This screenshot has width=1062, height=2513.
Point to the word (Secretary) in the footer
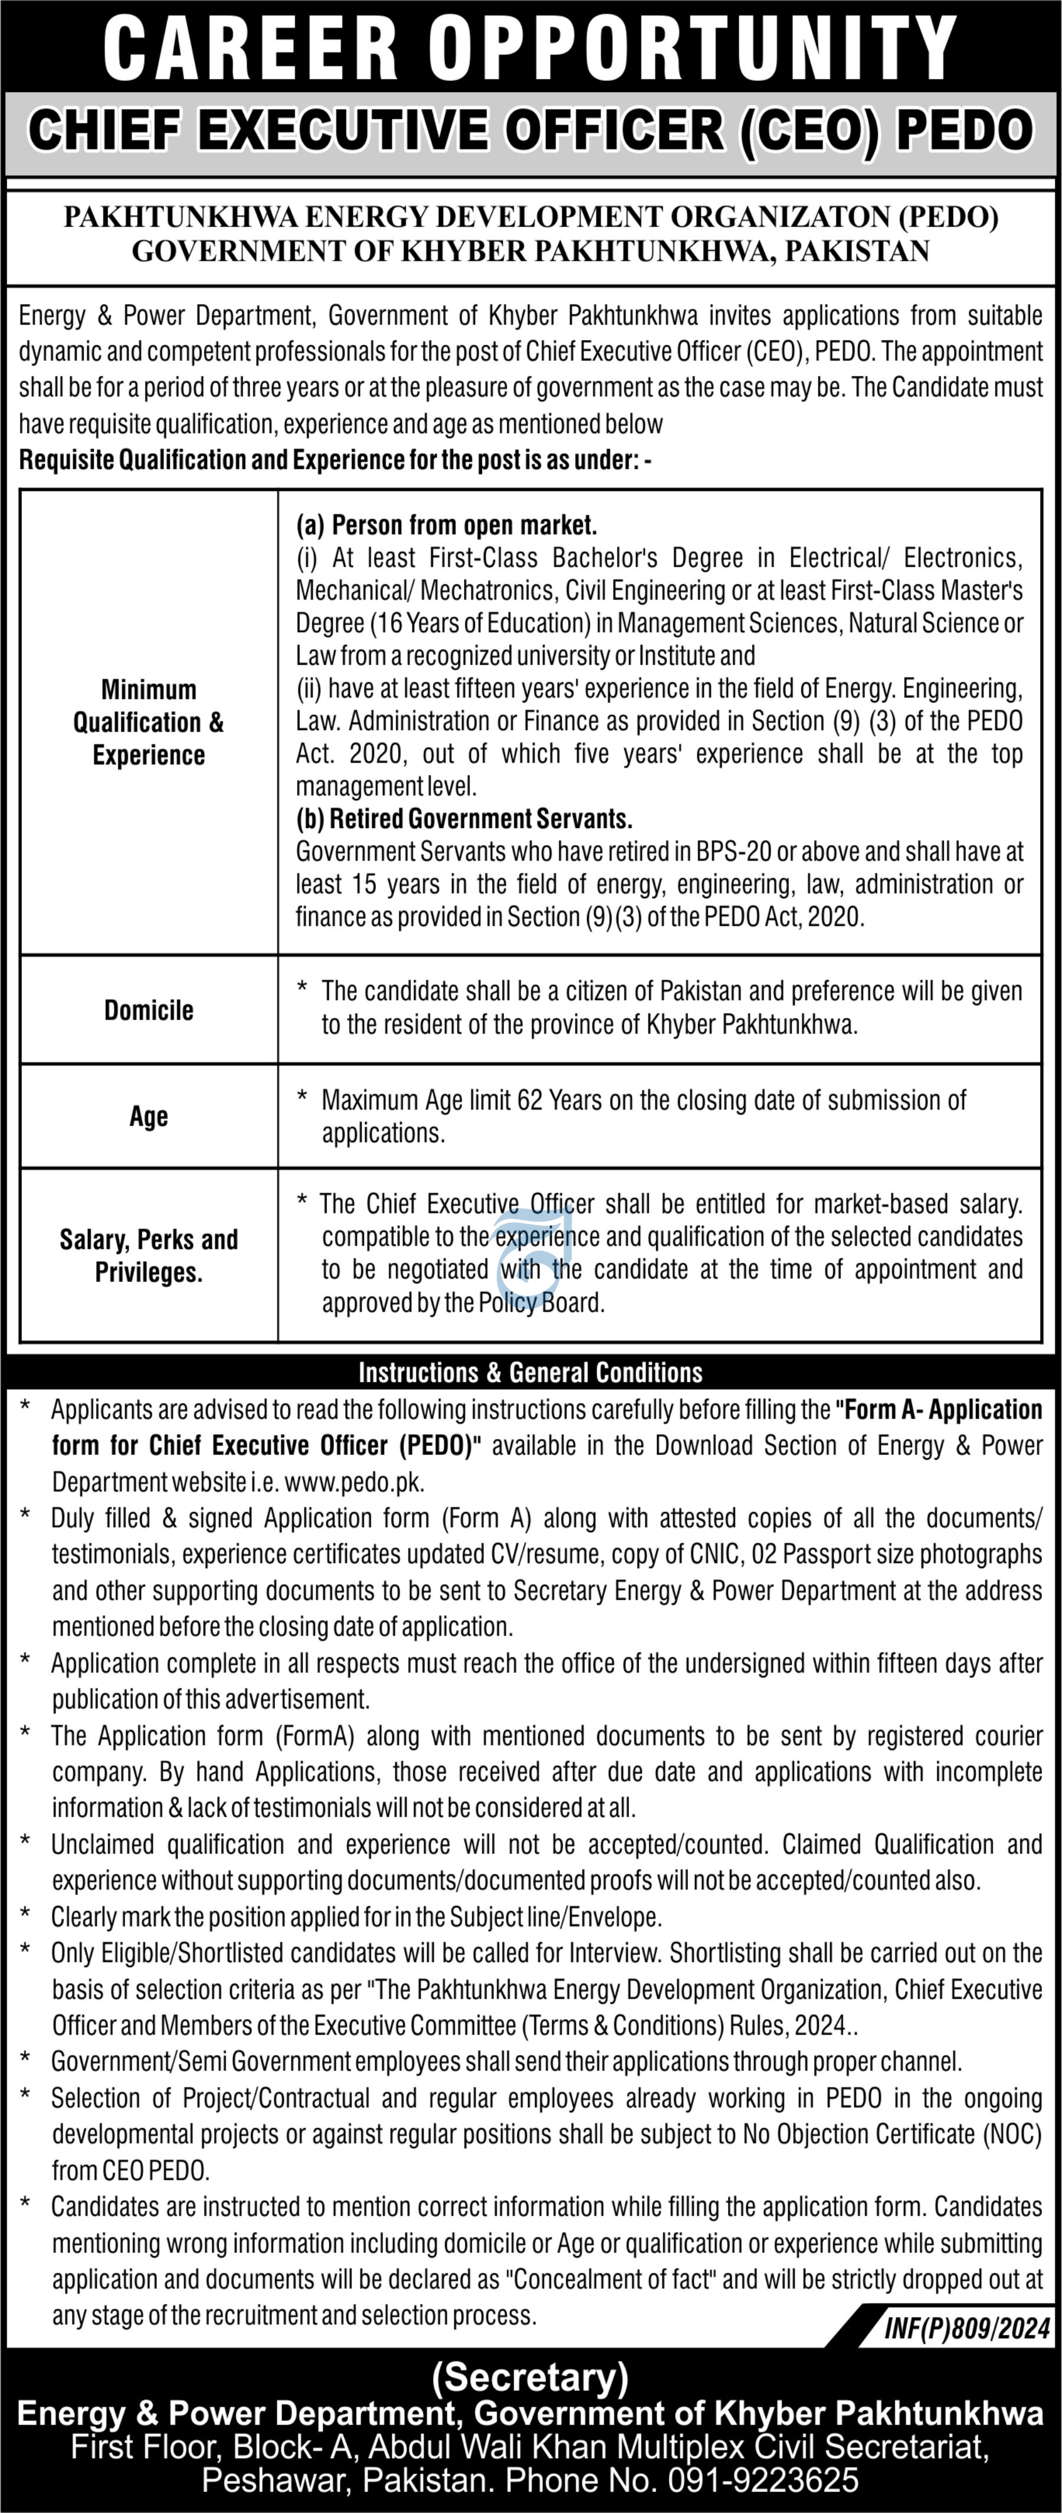pos(530,2377)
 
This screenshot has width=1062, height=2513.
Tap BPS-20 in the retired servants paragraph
pos(733,852)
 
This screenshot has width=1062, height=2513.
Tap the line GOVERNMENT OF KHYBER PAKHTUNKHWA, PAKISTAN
pos(530,251)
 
